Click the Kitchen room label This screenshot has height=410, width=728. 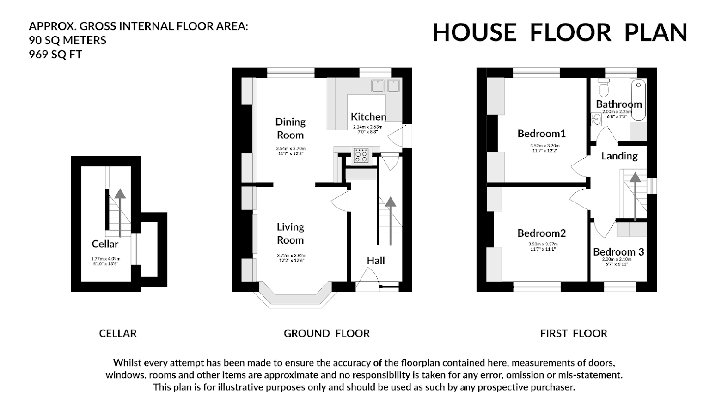(368, 116)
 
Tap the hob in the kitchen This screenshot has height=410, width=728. (361, 155)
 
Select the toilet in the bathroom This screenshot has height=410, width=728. (603, 86)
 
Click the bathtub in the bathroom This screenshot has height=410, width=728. (639, 100)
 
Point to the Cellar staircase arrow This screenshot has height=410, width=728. (120, 213)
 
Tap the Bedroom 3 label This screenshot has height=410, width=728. (618, 252)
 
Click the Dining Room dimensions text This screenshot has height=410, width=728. (291, 151)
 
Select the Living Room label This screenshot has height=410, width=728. (290, 233)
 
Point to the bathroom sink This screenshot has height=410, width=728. (594, 119)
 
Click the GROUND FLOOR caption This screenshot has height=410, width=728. (326, 333)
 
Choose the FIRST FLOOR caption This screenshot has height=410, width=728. (573, 333)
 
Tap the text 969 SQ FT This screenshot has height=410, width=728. (55, 55)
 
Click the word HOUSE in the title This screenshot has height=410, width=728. (474, 32)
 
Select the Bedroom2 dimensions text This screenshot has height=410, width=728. (543, 246)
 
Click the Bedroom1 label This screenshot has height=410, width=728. (541, 134)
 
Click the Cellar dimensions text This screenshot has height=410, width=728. (105, 261)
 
